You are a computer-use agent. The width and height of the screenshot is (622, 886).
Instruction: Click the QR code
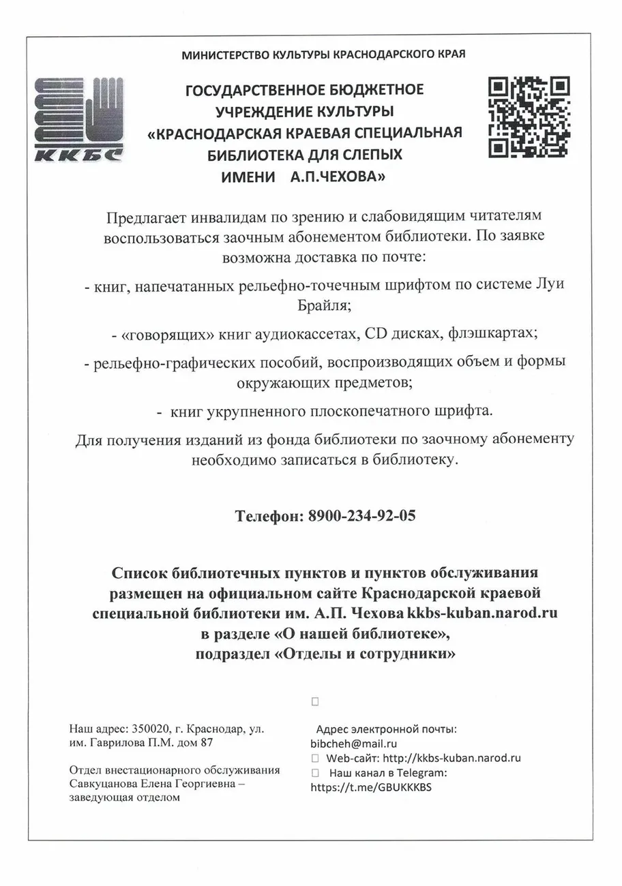pos(529,117)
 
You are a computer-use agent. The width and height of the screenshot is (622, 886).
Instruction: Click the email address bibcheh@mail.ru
pos(353,744)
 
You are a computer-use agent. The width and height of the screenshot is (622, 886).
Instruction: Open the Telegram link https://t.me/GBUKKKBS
pos(372,786)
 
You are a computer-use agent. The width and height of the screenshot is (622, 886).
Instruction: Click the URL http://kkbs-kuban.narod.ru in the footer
pos(452,758)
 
